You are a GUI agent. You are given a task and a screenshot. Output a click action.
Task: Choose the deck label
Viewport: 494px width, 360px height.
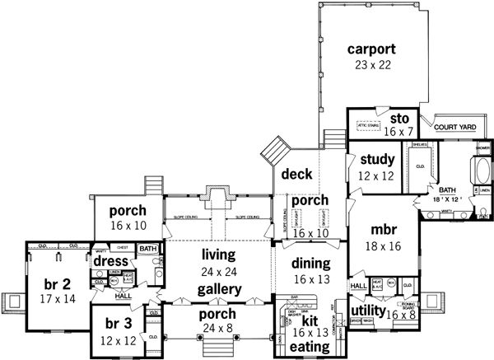point(295,175)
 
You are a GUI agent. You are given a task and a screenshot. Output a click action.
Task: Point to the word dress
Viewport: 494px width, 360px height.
point(110,261)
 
